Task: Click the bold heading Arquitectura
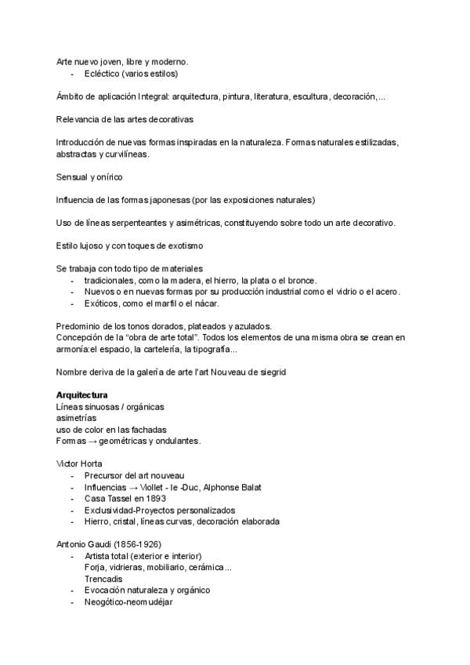[x=81, y=394]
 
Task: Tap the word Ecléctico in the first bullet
[x=102, y=74]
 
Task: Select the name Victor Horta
[x=79, y=463]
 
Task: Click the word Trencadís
[x=104, y=579]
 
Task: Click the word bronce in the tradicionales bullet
[x=300, y=280]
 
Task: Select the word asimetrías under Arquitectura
[x=77, y=417]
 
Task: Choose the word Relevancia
[x=78, y=119]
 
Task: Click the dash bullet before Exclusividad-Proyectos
[x=72, y=510]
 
